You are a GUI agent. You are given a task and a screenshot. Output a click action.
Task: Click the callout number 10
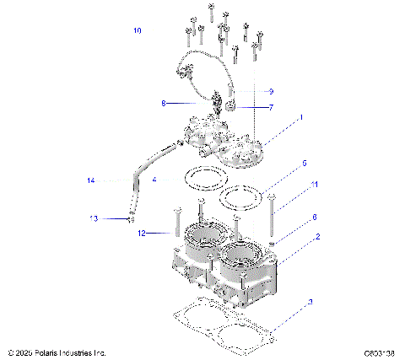coord(138,31)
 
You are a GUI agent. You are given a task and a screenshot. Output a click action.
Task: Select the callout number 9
coord(271,91)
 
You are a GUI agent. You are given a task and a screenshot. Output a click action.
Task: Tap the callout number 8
coord(165,104)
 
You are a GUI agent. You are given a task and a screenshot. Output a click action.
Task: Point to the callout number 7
coord(271,108)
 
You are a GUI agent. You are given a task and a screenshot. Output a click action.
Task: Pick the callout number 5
coord(305,163)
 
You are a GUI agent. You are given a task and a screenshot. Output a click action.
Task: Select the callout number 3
coord(310,302)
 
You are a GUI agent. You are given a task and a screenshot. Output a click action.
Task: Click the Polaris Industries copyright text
coord(56,352)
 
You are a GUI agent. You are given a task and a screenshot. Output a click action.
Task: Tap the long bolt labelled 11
coord(271,218)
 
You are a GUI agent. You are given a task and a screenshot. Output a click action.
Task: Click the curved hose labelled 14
coord(137,185)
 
